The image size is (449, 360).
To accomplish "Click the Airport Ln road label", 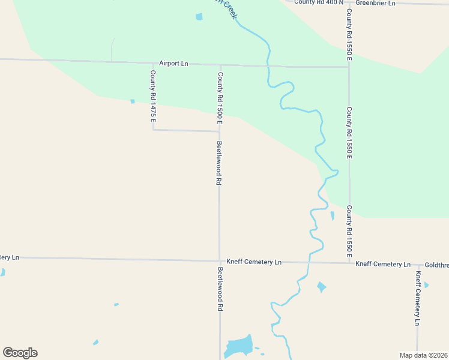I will (173, 63).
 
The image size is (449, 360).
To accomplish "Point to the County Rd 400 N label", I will (319, 2).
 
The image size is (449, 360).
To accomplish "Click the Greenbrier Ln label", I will (375, 3).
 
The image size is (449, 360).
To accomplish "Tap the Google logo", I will (20, 353).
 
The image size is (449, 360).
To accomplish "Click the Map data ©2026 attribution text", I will (423, 355).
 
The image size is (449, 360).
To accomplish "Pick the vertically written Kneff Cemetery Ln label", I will (418, 298).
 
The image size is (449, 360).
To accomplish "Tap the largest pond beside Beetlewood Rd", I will (238, 346).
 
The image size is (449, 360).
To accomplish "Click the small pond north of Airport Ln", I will (199, 17).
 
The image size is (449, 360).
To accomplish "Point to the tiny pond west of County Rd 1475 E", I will (133, 101).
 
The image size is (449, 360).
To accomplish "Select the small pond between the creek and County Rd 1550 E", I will (333, 215).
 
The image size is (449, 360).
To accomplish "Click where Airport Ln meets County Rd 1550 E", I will (349, 67).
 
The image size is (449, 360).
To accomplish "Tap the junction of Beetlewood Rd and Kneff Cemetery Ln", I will (219, 261).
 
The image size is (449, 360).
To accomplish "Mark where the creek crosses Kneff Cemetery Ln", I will (309, 262).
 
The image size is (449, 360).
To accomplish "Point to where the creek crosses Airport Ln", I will (267, 66).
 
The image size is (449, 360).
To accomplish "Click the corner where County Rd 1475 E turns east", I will (153, 129).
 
